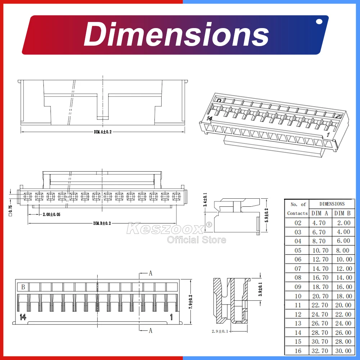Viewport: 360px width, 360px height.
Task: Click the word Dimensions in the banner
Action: [x=176, y=35]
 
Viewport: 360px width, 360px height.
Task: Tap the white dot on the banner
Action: [x=319, y=22]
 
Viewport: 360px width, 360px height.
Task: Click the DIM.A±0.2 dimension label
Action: [x=103, y=132]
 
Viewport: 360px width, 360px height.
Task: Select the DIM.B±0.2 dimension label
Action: [x=102, y=223]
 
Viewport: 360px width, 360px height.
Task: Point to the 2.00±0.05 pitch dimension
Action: [x=51, y=215]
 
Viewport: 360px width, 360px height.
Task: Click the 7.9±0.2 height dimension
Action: [x=190, y=302]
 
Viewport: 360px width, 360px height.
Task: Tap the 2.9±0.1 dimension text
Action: [x=220, y=331]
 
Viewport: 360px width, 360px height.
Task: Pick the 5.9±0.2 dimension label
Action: [x=266, y=215]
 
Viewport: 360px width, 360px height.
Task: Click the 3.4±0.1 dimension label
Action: [x=205, y=199]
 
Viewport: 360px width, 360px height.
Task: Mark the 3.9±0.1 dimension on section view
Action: [x=260, y=289]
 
